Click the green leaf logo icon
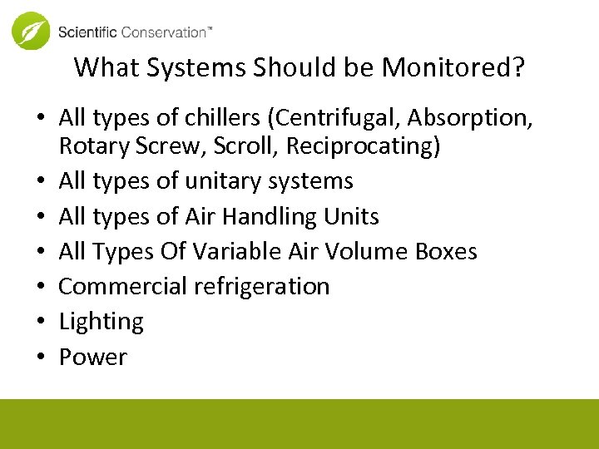pyautogui.click(x=31, y=32)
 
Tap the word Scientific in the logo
pyautogui.click(x=87, y=32)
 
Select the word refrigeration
pyautogui.click(x=261, y=287)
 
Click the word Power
pyautogui.click(x=92, y=358)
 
